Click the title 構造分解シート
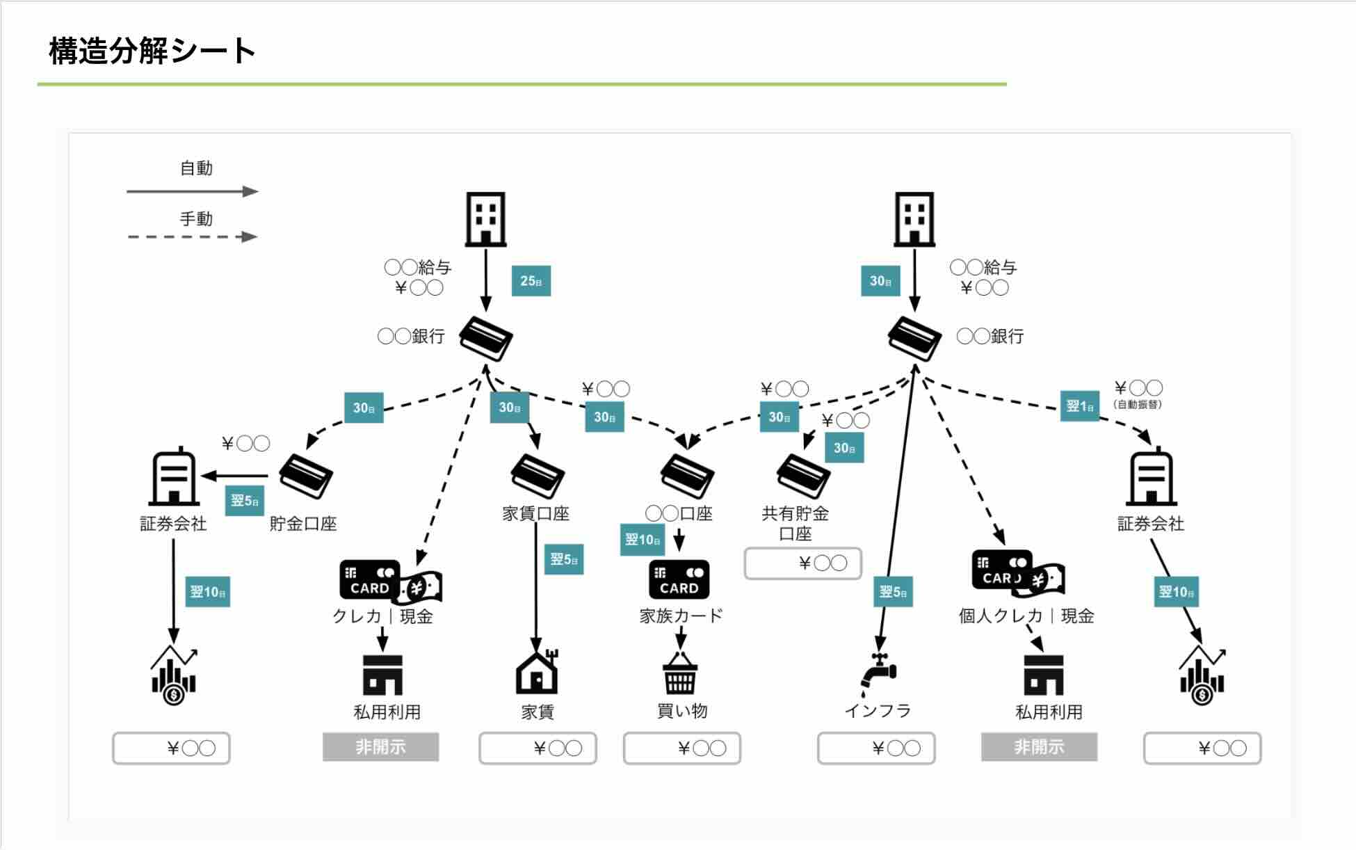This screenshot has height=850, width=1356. [x=152, y=51]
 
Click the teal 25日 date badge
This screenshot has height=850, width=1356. [x=531, y=281]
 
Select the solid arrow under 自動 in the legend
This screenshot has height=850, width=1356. [x=192, y=191]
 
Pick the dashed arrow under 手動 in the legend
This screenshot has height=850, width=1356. [x=192, y=236]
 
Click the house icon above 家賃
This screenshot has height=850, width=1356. [x=537, y=672]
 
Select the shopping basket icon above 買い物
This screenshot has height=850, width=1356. [x=680, y=673]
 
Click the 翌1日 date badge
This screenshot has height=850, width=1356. [x=1080, y=406]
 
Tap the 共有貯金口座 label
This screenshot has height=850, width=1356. [x=796, y=523]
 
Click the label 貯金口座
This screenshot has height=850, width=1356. [x=303, y=524]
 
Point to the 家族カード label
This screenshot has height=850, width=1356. [x=681, y=616]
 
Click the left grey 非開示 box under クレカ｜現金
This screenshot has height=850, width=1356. [x=380, y=747]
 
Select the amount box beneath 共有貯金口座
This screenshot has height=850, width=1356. [x=802, y=563]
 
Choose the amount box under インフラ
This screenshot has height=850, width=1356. [x=876, y=748]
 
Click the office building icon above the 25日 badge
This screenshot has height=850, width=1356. [x=485, y=219]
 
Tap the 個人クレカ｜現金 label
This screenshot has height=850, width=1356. [x=1026, y=616]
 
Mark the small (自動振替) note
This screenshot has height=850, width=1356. [x=1138, y=404]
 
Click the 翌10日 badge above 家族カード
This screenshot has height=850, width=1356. [x=642, y=540]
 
